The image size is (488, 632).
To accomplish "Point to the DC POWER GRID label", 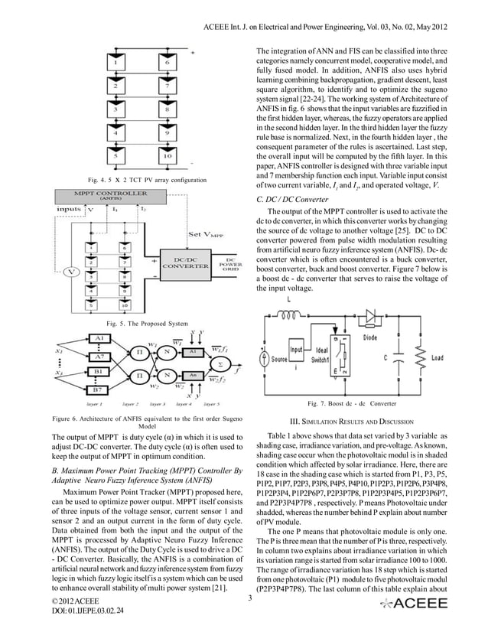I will pyautogui.click(x=231, y=263).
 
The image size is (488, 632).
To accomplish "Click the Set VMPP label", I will pyautogui.click(x=204, y=234).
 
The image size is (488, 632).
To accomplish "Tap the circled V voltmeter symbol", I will pyautogui.click(x=72, y=272).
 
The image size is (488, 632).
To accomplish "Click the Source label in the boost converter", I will pyautogui.click(x=279, y=358).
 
